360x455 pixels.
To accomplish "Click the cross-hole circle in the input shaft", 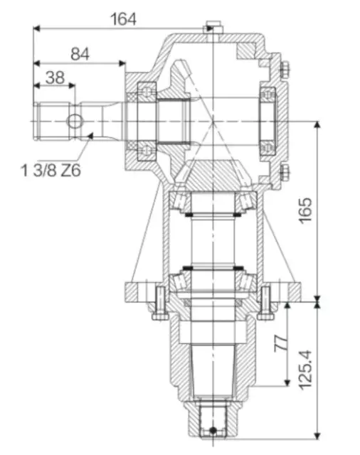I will [75, 122].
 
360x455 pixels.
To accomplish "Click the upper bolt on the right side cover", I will [284, 68].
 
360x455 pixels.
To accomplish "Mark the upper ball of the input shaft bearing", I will [147, 90].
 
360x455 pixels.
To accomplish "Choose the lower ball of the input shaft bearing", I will [147, 149].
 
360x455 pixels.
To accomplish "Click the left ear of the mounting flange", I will [135, 291].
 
